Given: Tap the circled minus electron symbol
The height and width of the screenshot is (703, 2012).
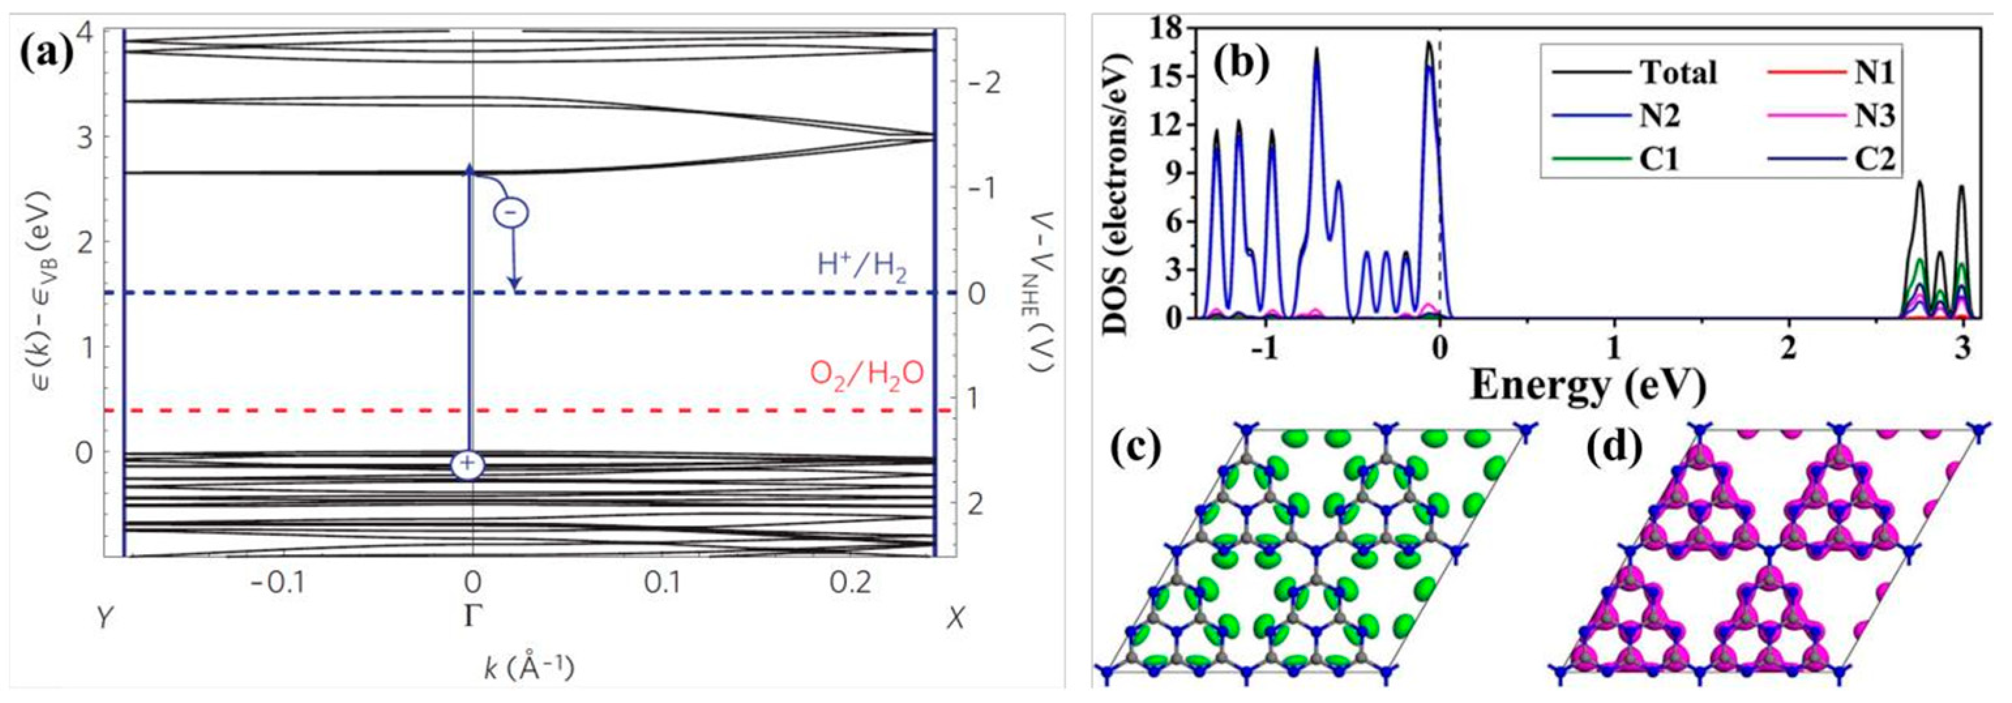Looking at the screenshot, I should (x=511, y=211).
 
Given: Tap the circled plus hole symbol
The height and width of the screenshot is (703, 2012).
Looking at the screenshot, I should (x=467, y=463).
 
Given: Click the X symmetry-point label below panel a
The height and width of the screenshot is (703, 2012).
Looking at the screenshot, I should (x=954, y=619).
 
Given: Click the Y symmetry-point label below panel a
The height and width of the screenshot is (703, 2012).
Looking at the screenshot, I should (x=103, y=619).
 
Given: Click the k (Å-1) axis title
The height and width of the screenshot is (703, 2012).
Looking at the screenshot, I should (x=530, y=668).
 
